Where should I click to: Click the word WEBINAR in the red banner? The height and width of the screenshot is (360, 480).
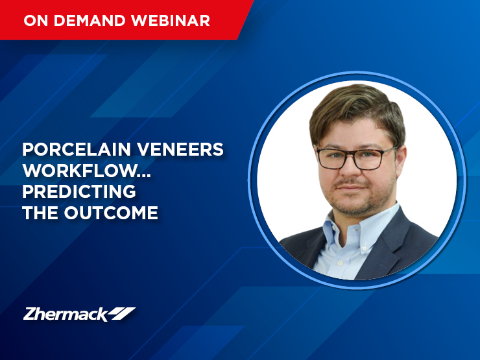click(x=171, y=21)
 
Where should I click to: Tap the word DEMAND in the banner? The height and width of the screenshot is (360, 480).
click(x=90, y=21)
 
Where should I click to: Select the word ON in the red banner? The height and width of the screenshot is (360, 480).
click(x=36, y=21)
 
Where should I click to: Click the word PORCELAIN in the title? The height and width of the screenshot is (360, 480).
click(x=77, y=149)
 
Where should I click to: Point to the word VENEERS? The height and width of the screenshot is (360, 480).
click(x=180, y=149)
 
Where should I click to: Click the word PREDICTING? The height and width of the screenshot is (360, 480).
click(x=79, y=191)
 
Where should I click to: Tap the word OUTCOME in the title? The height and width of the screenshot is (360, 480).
click(x=111, y=213)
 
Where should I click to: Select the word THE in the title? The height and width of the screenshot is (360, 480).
click(x=40, y=213)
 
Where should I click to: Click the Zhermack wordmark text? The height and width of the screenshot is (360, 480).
click(x=66, y=314)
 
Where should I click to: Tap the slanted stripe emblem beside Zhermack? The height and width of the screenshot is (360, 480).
click(x=123, y=313)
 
